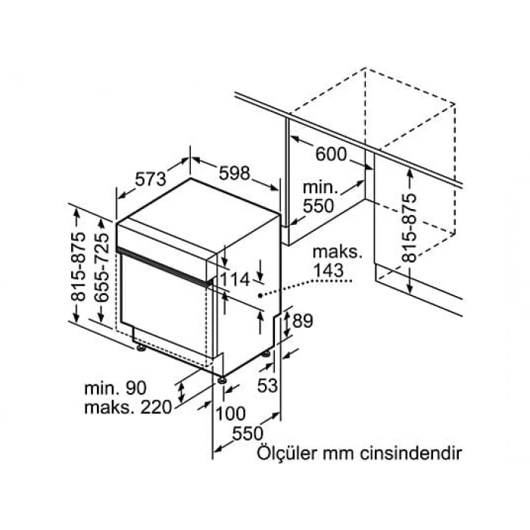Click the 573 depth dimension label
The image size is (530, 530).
151,179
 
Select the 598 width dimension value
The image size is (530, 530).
234,173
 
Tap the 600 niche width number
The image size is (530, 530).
331,154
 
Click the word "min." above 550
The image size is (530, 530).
320,187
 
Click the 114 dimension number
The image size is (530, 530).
235,279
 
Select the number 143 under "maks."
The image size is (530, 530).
328,270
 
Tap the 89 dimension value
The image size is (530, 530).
303,320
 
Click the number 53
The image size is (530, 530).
267,385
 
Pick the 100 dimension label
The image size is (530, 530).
230,413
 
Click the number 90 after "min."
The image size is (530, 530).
136,388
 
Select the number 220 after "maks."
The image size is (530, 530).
156,407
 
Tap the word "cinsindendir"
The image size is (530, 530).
410,453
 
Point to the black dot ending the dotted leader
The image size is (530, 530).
260,295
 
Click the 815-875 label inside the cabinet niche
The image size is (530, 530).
410,228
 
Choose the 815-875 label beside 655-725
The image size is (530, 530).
79,267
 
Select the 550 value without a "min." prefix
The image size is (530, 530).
248,433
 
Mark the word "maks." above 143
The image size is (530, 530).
338,252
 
